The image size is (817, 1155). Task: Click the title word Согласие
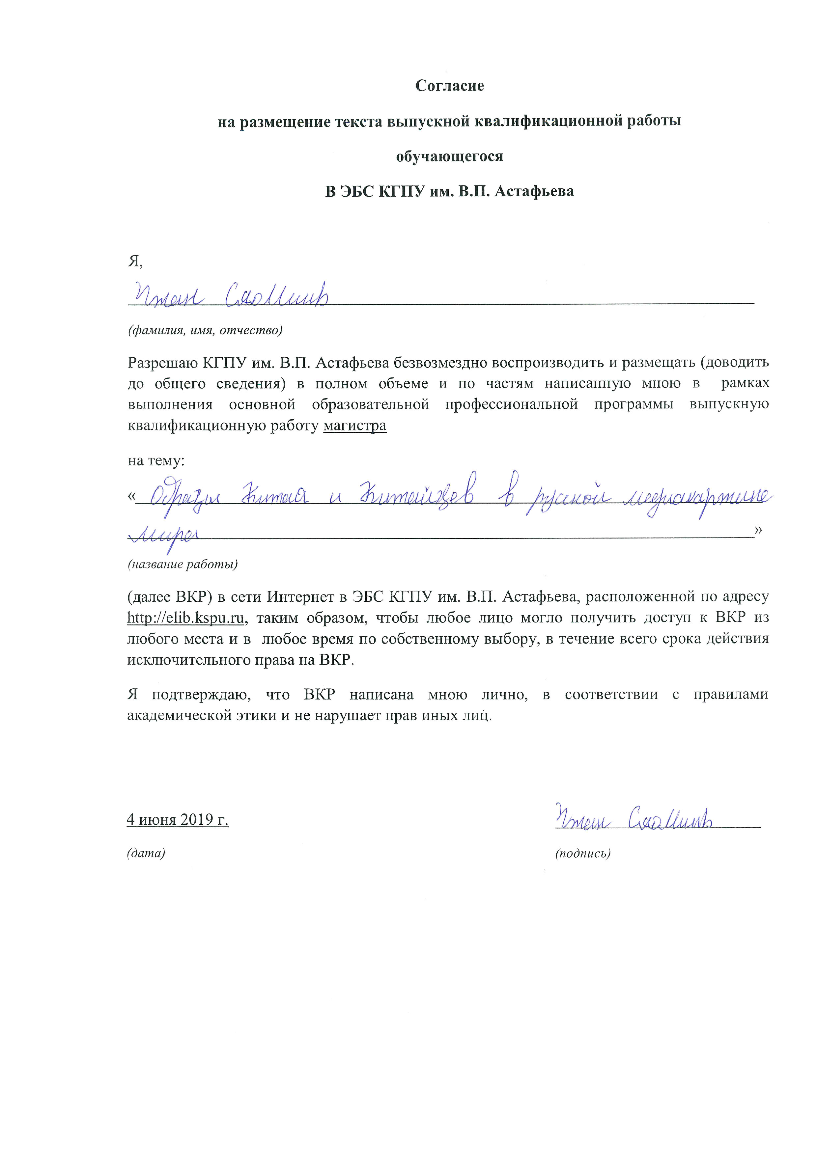click(449, 86)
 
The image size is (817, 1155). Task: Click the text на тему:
click(156, 460)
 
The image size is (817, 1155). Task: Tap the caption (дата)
click(146, 853)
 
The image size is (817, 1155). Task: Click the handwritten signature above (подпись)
click(634, 818)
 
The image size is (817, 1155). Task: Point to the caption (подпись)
click(582, 853)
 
